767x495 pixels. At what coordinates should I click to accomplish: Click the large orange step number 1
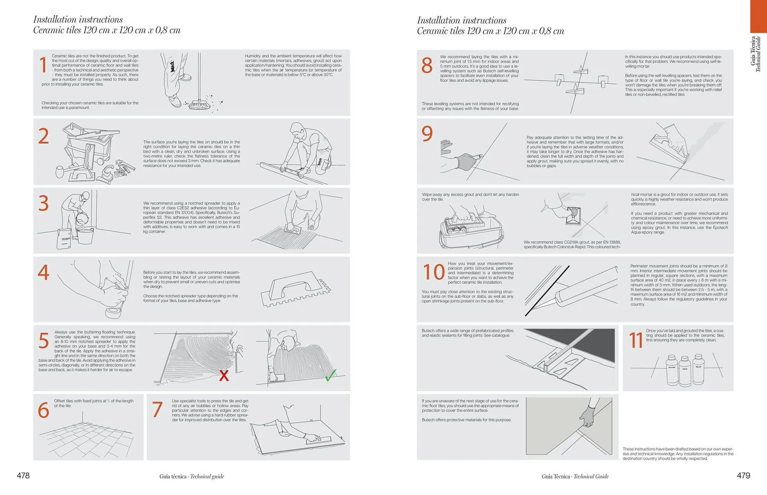point(43,65)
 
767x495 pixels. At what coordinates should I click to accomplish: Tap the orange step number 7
point(157,410)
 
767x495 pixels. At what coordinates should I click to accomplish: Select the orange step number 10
point(433,272)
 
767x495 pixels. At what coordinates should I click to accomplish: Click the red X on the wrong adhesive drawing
point(224,375)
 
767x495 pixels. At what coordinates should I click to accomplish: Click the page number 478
point(23,475)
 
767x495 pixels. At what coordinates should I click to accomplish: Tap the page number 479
point(743,475)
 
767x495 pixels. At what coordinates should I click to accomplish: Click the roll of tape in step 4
point(113,313)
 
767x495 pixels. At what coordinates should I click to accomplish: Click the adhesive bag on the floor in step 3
point(64,239)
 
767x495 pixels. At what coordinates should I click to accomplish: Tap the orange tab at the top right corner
point(758,16)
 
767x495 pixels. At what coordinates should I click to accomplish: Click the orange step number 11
point(636,341)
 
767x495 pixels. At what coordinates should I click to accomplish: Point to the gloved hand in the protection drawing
point(587,418)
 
